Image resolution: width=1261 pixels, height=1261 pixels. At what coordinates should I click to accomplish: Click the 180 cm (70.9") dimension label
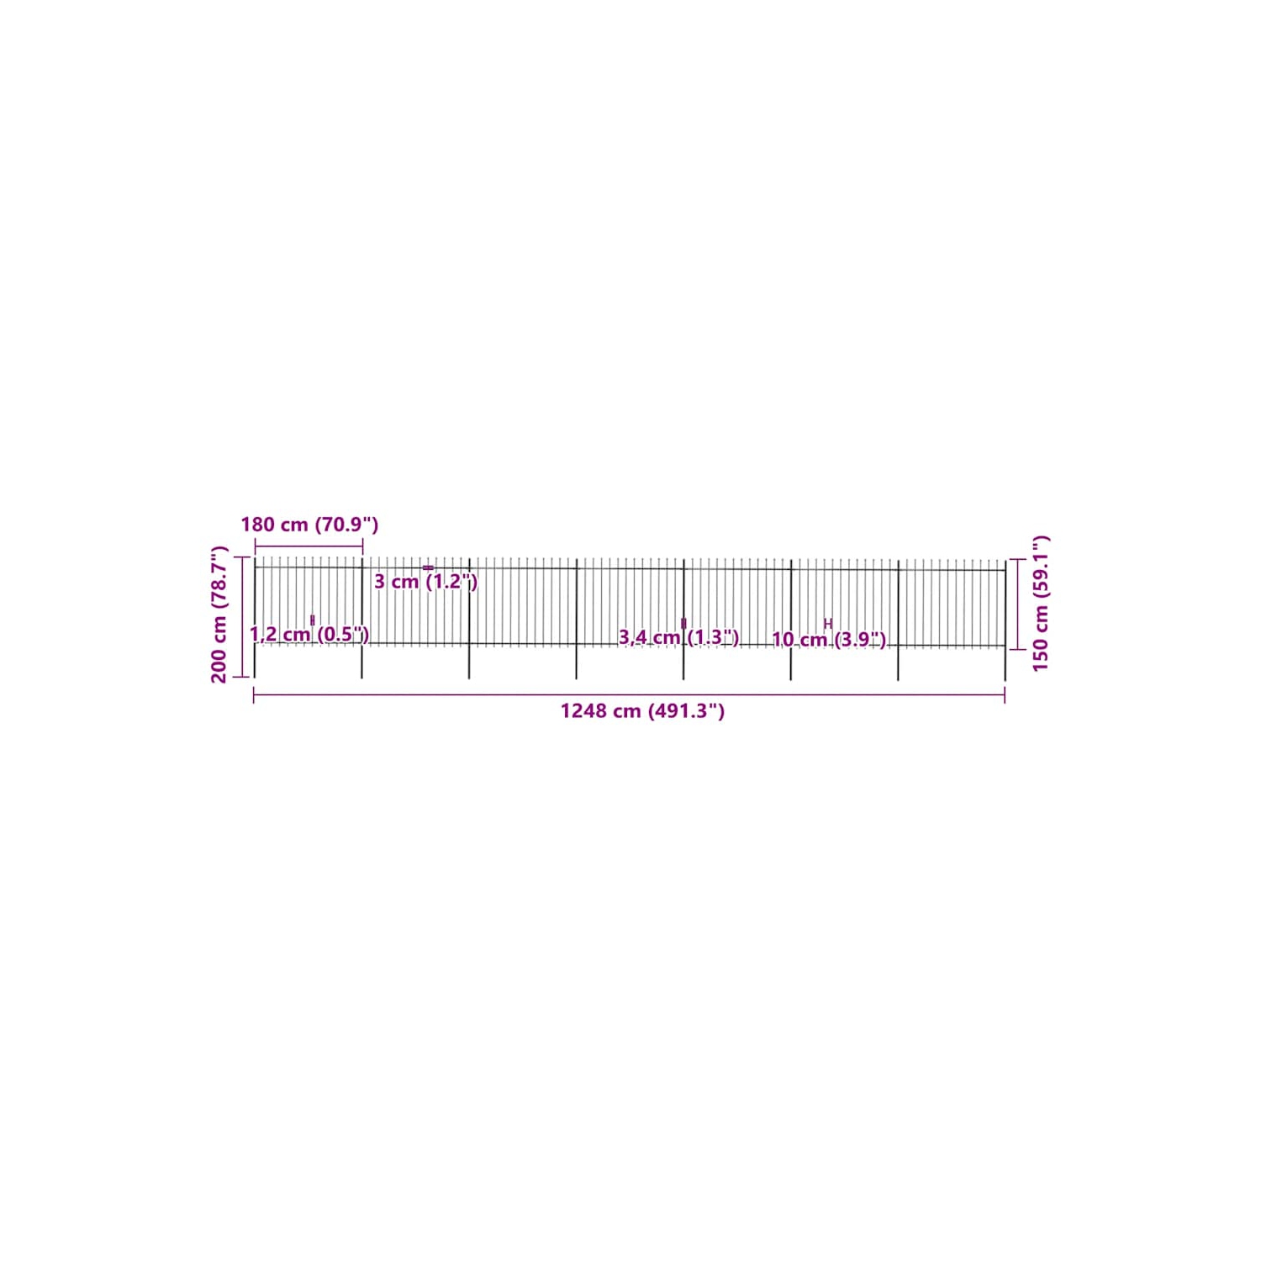309,525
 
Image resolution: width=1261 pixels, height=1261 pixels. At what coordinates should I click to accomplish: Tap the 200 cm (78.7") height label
219,615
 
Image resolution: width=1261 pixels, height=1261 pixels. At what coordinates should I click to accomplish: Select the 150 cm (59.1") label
1041,604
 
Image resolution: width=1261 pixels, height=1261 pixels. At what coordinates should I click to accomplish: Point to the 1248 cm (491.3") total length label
642,711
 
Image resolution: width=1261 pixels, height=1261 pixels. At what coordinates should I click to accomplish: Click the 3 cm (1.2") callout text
425,582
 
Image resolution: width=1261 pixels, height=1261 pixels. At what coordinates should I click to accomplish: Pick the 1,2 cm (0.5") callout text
309,635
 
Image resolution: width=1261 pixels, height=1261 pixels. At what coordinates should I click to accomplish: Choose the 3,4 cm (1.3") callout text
678,638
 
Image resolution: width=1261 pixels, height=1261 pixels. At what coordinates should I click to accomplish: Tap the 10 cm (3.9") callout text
829,640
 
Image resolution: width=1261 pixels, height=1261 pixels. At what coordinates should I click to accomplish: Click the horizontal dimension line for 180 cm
309,546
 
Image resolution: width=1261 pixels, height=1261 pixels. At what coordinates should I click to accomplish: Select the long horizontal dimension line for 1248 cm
629,695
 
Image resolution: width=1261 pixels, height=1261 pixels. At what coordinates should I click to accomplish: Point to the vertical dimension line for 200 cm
242,616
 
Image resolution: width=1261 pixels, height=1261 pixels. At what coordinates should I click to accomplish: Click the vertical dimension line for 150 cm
1018,604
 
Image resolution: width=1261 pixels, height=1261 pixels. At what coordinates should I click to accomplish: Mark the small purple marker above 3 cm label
428,567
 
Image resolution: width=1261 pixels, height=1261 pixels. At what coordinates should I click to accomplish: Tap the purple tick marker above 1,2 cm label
313,620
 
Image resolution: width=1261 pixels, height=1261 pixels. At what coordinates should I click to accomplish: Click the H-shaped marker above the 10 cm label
828,624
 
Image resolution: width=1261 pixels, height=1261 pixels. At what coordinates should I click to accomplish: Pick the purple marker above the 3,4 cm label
683,623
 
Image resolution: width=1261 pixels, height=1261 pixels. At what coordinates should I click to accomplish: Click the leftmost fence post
255,618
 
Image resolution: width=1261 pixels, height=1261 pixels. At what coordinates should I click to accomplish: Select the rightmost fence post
1005,620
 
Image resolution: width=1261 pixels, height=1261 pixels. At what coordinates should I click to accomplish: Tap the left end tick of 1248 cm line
254,695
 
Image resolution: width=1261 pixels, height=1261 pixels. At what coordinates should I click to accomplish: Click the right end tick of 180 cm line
362,546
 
